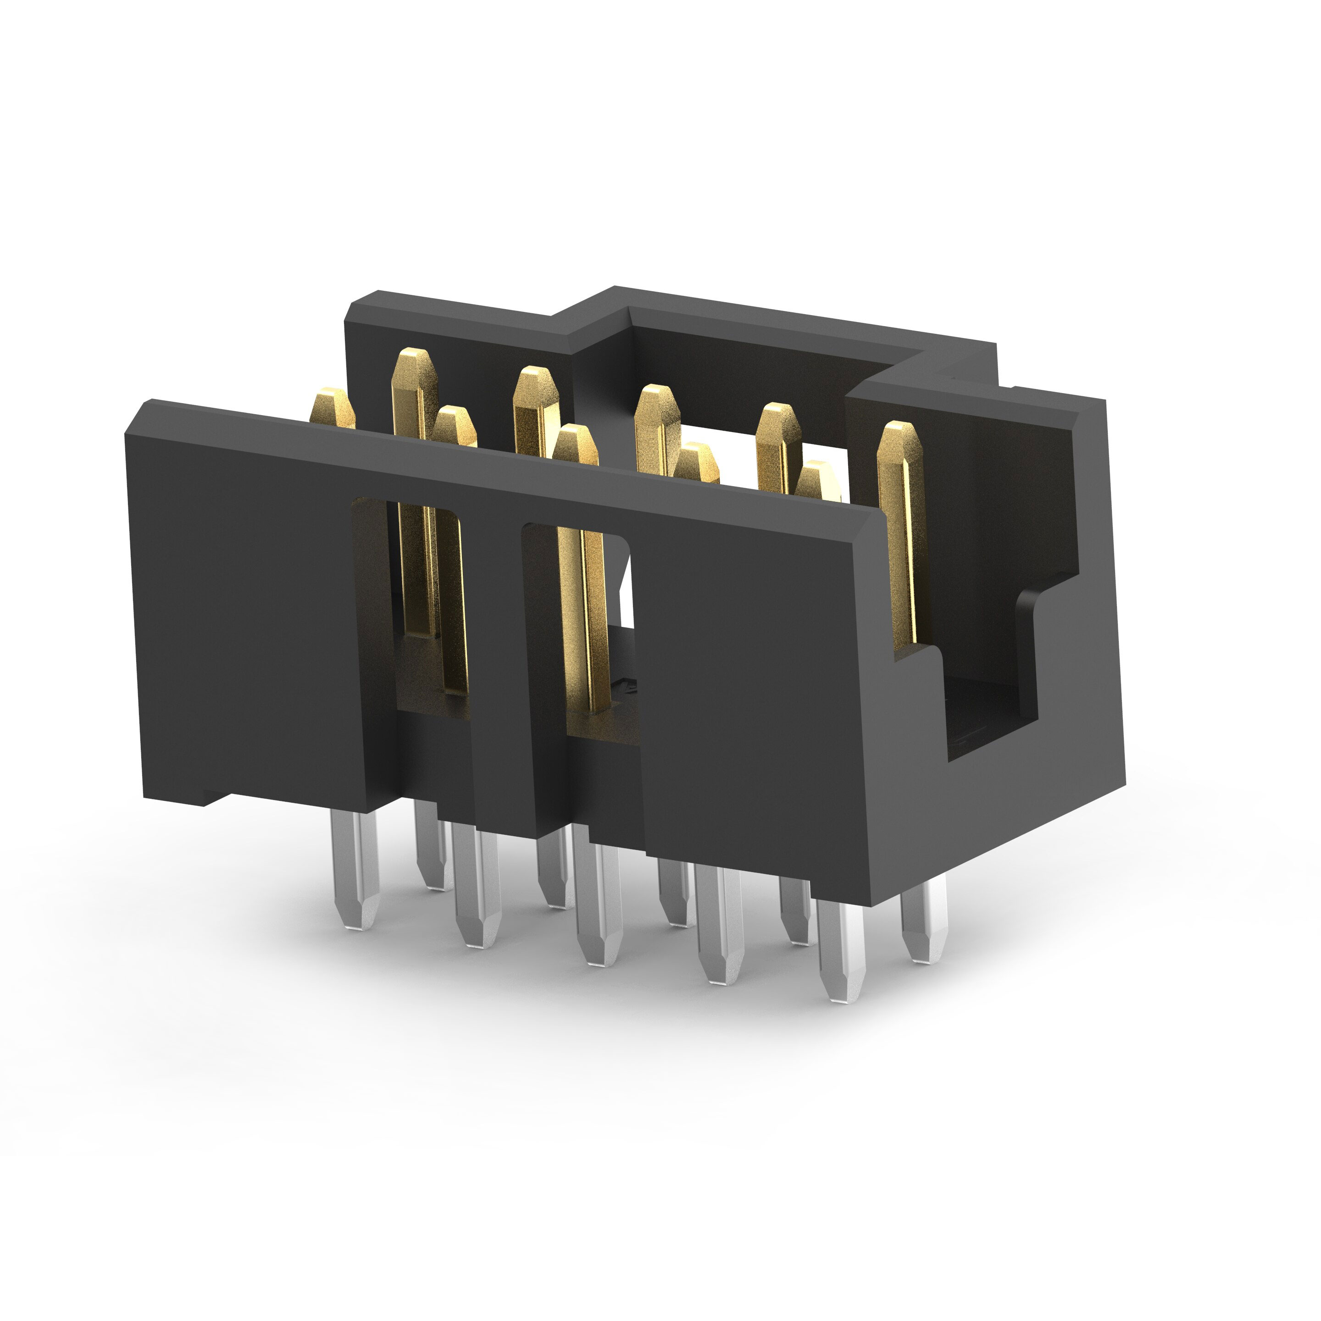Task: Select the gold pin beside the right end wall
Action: (903, 533)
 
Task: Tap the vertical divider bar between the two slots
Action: (496, 649)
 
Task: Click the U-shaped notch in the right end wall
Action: (985, 684)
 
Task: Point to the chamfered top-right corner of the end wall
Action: (1091, 407)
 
